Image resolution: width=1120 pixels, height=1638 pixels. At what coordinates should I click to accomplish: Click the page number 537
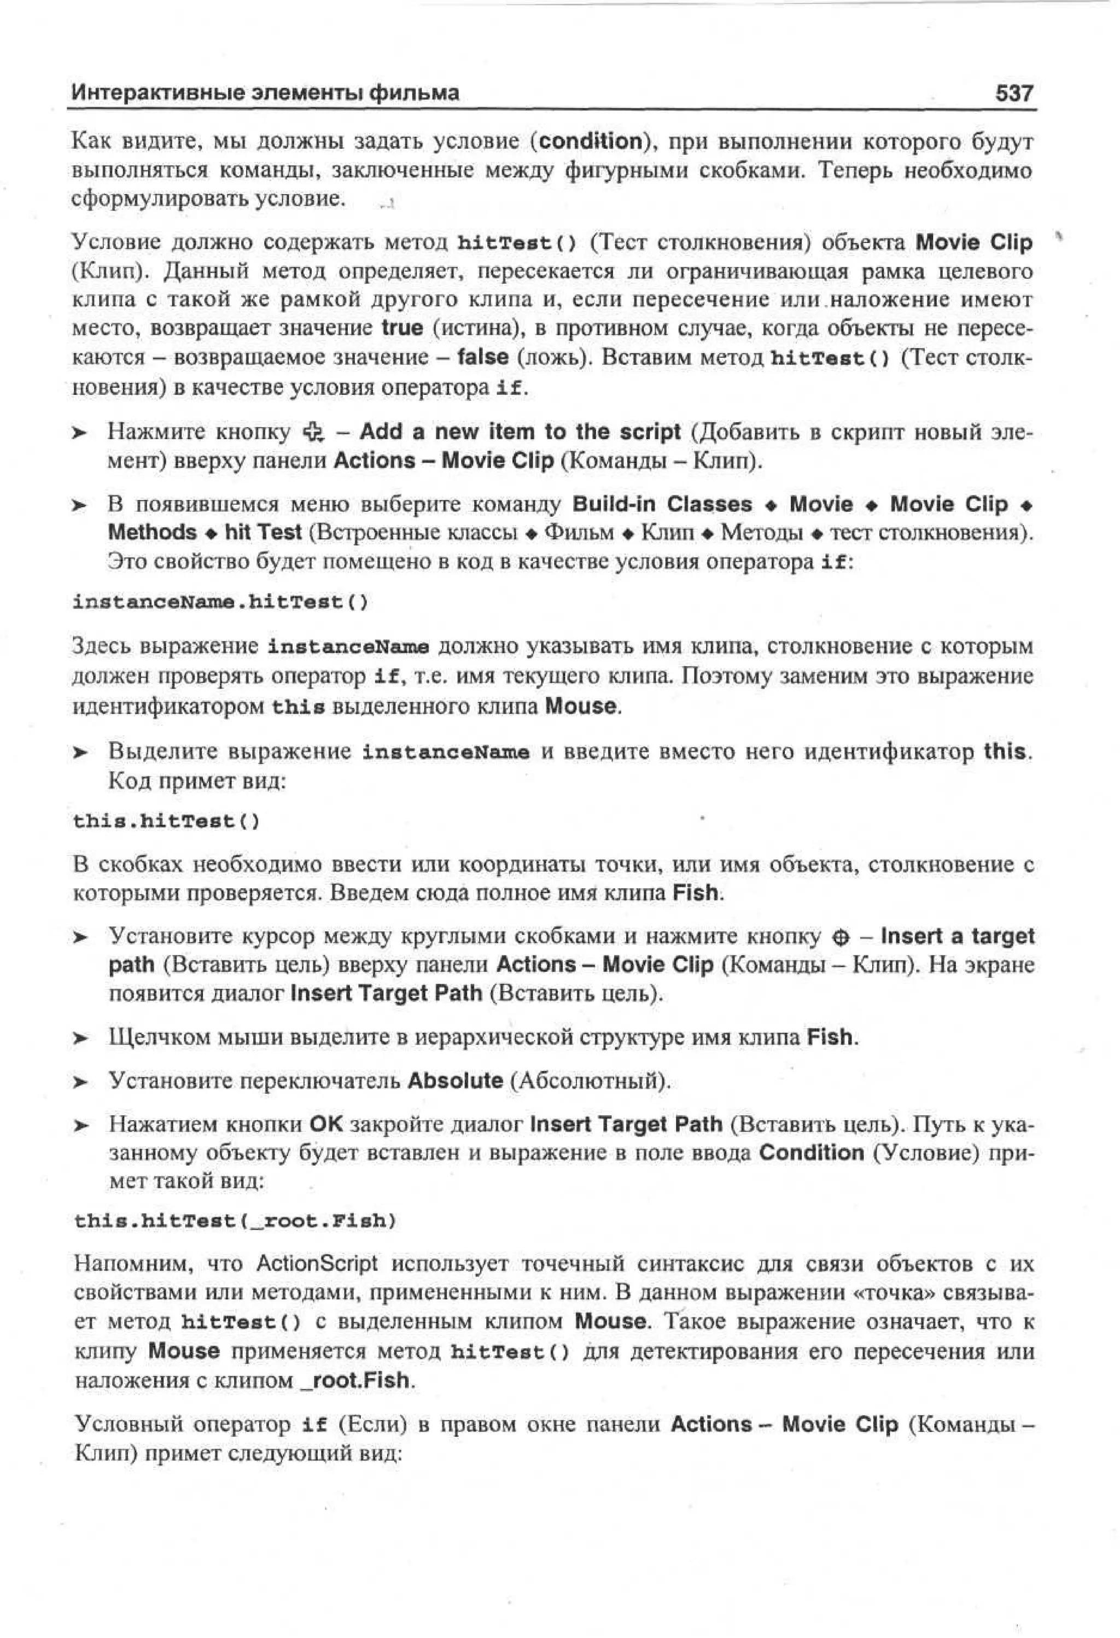[x=1013, y=93]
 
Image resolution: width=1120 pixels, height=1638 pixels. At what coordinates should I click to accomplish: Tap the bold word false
[x=483, y=357]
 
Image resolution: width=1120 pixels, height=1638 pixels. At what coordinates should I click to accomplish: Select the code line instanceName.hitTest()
[x=220, y=603]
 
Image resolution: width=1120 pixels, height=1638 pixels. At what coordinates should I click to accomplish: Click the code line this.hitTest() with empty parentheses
[x=166, y=821]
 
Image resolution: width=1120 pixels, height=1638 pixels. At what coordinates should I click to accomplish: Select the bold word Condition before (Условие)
[x=811, y=1153]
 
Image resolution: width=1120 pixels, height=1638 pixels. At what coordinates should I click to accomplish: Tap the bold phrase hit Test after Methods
[x=263, y=533]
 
